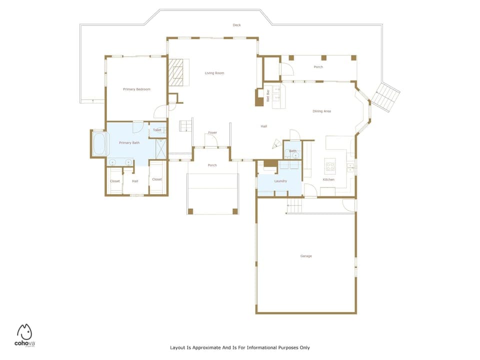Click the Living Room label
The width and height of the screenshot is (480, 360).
click(214, 73)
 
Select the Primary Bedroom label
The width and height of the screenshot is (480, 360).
click(136, 89)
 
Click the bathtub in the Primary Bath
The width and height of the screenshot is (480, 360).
click(98, 144)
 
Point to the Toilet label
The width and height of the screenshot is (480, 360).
click(157, 130)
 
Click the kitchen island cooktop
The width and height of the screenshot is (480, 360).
click(329, 165)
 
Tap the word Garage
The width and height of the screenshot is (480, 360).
click(306, 256)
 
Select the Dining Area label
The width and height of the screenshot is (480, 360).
click(321, 111)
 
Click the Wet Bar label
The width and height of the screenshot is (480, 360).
click(268, 95)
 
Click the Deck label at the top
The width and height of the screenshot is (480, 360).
click(237, 25)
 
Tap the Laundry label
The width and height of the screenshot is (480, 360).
click(280, 181)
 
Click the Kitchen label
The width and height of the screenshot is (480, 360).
click(328, 179)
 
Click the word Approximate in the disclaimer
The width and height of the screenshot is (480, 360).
click(206, 347)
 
